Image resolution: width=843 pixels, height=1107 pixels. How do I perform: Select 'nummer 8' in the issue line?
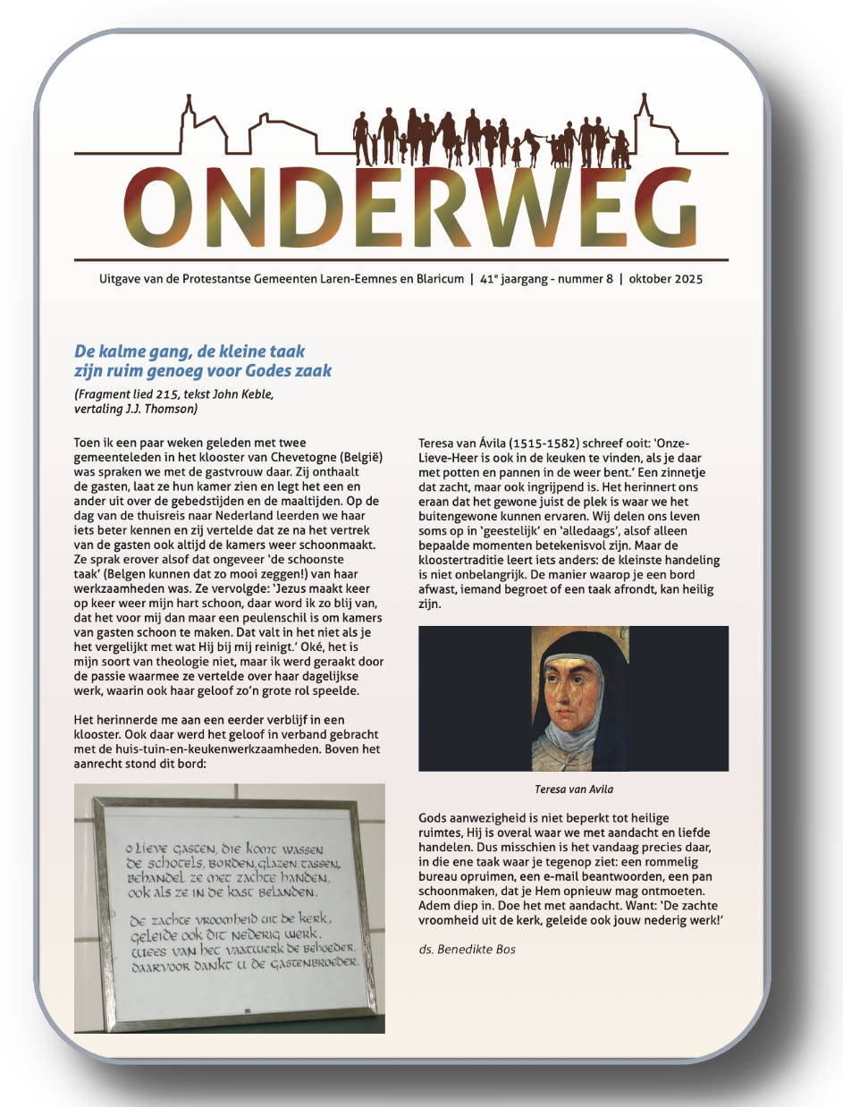(585, 279)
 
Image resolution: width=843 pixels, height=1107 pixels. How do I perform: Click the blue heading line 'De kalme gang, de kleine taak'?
(190, 351)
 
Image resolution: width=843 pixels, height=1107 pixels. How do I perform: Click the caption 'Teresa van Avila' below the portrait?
(573, 790)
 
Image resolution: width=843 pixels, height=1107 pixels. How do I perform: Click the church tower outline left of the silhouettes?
(188, 121)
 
